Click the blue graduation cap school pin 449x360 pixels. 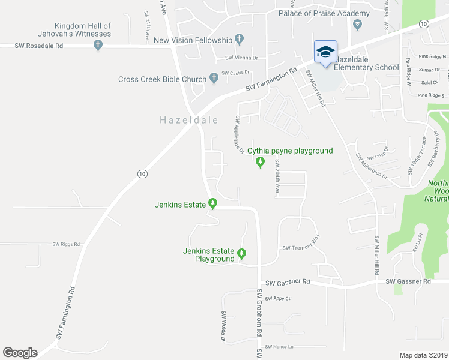[325, 52]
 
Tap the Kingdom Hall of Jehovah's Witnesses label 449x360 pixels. [83, 30]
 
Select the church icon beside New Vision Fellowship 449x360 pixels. [240, 40]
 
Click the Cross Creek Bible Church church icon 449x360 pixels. [213, 79]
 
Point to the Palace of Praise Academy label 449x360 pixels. [324, 14]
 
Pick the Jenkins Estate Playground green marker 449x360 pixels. [242, 254]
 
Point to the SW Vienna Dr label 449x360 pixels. [241, 58]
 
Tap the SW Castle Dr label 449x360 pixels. [235, 73]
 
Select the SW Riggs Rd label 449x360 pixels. [66, 244]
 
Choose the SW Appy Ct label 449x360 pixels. [277, 298]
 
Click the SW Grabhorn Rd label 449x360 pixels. [259, 311]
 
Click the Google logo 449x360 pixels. [20, 353]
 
